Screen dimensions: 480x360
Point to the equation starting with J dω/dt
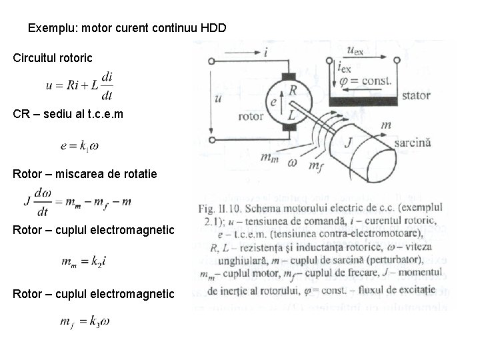click(77, 201)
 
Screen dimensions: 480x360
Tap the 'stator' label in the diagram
click(415, 95)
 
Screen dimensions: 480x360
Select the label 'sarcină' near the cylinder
click(413, 143)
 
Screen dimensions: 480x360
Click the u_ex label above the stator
click(357, 51)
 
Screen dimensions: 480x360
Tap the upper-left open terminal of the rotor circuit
click(212, 61)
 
